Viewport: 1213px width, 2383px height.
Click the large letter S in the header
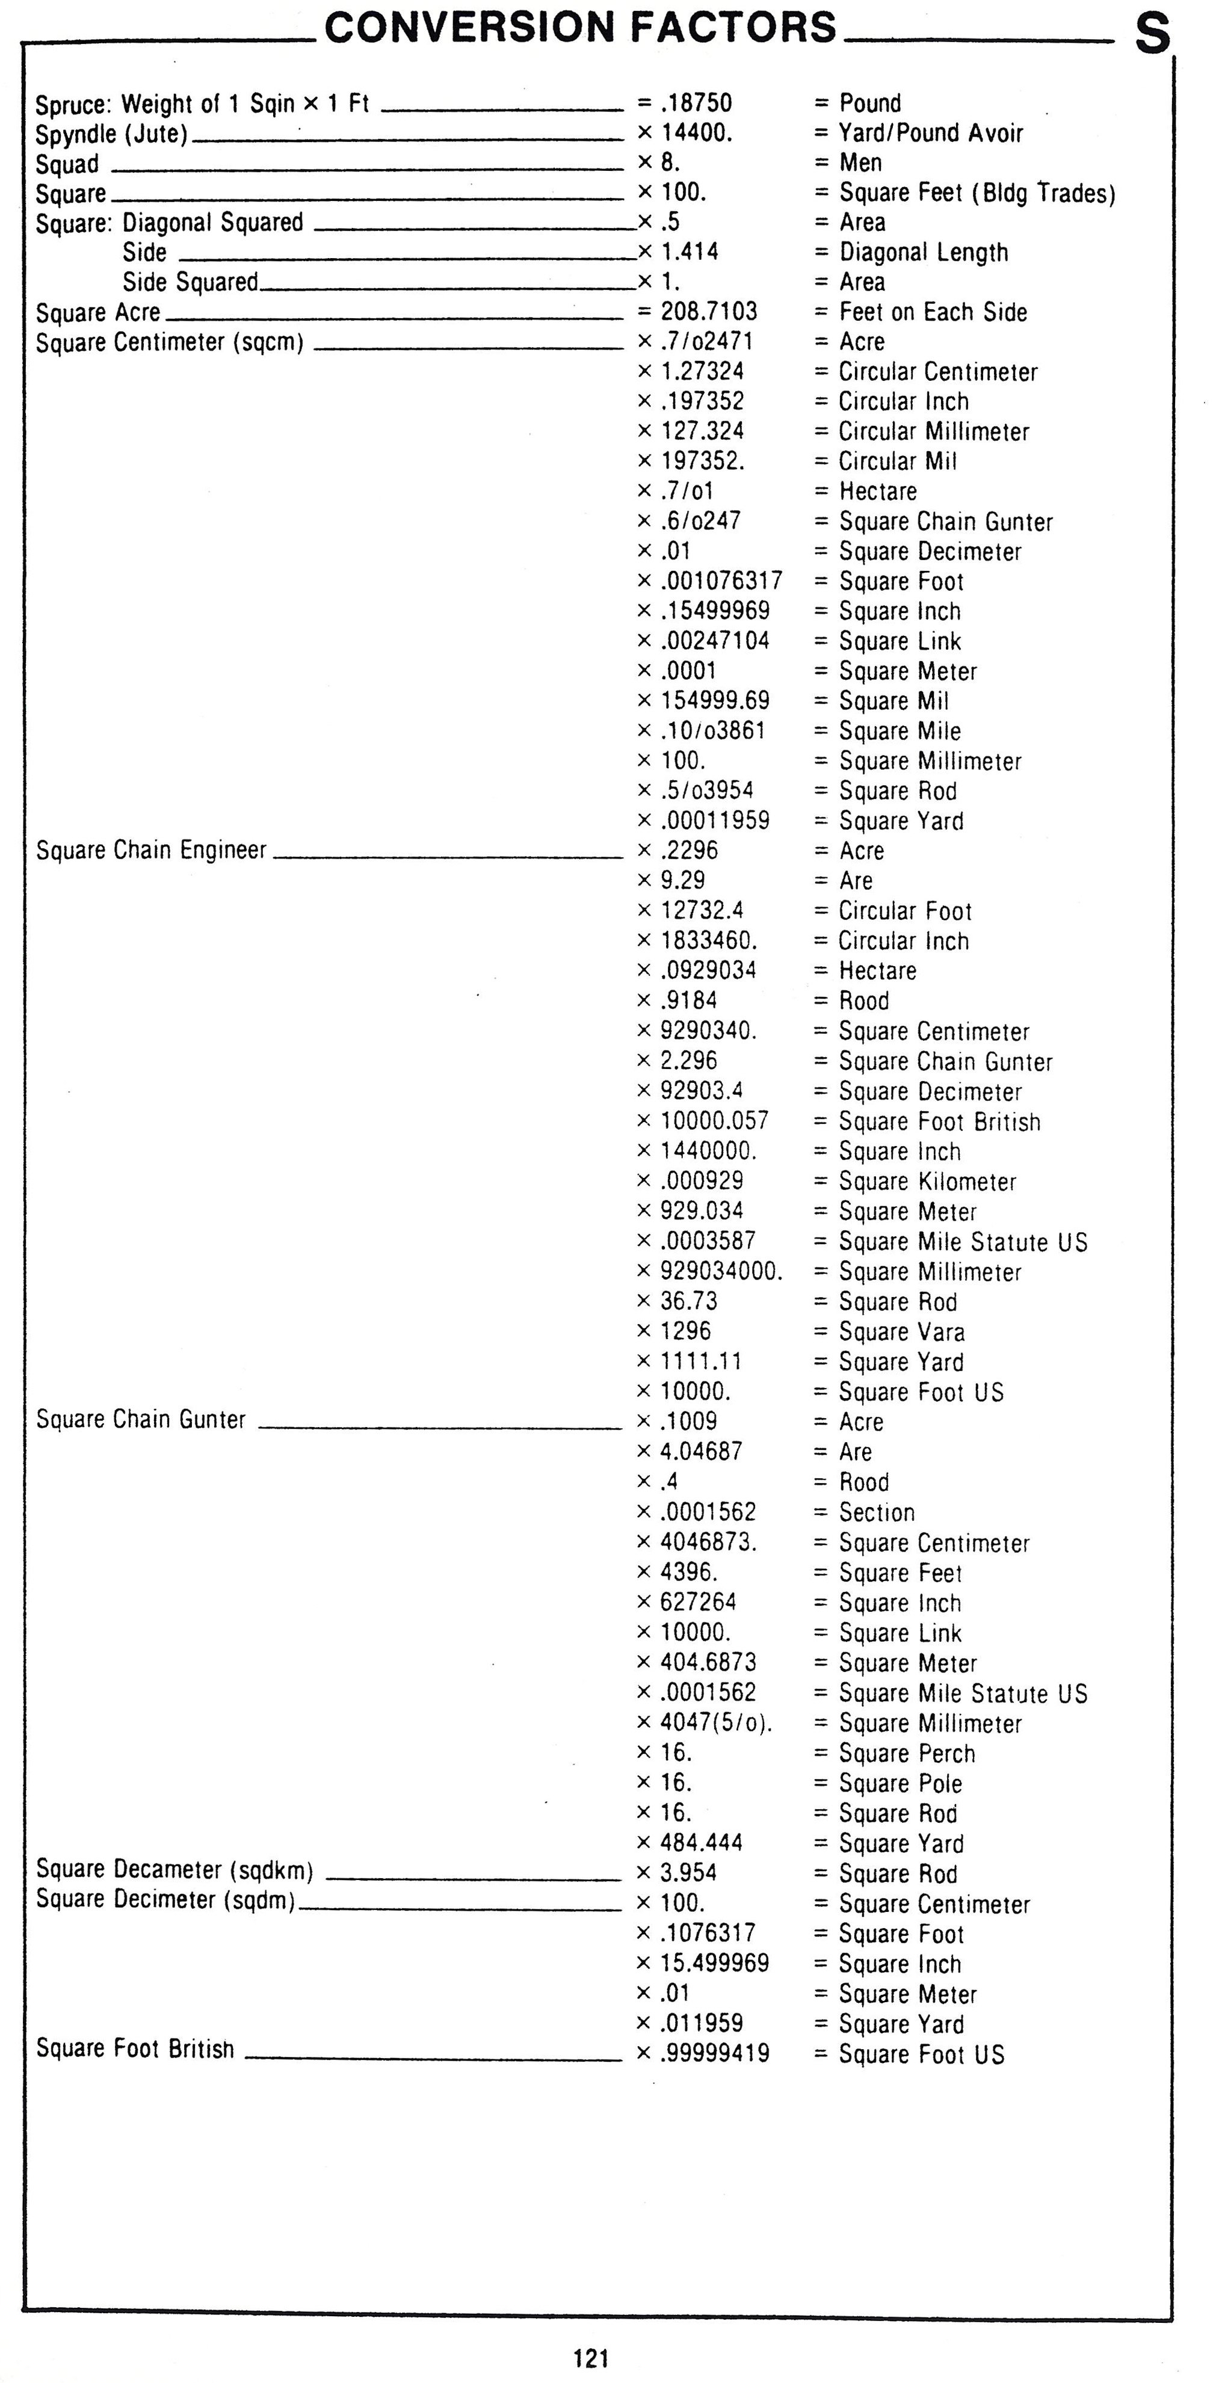click(x=1152, y=35)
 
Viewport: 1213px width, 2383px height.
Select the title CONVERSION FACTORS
click(x=580, y=27)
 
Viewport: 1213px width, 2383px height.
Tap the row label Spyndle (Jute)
click(x=111, y=134)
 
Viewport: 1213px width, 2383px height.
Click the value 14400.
click(x=696, y=132)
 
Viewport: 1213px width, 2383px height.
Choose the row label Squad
click(x=67, y=164)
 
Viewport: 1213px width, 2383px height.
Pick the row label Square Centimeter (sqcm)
click(x=169, y=342)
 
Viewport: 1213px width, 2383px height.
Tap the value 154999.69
click(x=714, y=700)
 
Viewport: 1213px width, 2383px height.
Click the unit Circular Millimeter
click(x=934, y=431)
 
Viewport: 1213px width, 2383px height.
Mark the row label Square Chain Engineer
click(x=151, y=850)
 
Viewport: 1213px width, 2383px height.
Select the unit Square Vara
click(x=901, y=1331)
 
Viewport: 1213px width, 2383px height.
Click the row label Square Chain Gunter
click(x=141, y=1419)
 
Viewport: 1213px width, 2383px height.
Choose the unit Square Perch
click(x=907, y=1753)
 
